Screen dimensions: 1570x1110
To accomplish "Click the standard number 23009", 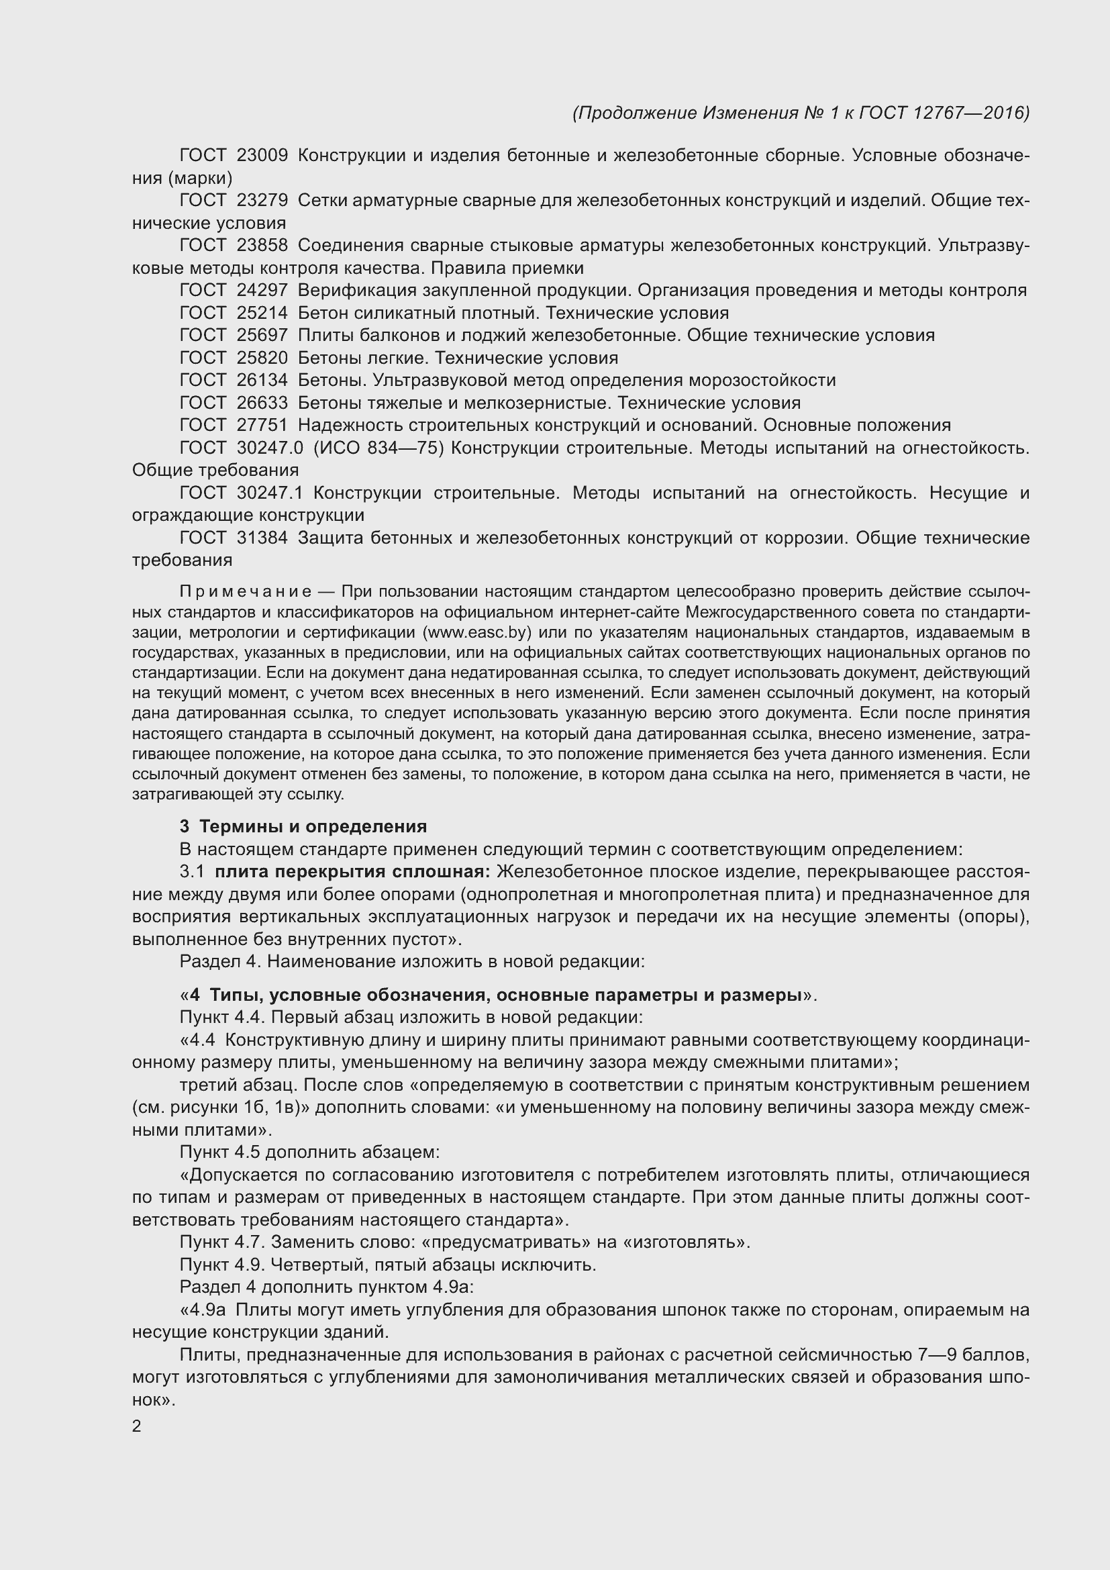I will [x=262, y=156].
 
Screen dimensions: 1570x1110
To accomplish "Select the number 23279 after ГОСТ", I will [x=262, y=200].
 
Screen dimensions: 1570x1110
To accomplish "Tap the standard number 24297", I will [x=262, y=291].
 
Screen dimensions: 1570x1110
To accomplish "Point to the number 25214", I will [x=262, y=313].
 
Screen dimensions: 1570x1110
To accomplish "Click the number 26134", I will [x=262, y=380].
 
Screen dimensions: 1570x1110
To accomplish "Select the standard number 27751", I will [x=262, y=426].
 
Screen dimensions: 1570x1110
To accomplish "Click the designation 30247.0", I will [x=270, y=448].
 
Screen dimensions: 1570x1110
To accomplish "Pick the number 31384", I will [x=262, y=538].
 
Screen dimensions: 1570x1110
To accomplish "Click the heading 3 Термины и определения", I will [x=303, y=827].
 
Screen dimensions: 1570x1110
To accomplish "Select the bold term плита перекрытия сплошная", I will [x=352, y=872].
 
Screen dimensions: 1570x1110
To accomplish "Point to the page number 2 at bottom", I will [x=137, y=1426].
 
